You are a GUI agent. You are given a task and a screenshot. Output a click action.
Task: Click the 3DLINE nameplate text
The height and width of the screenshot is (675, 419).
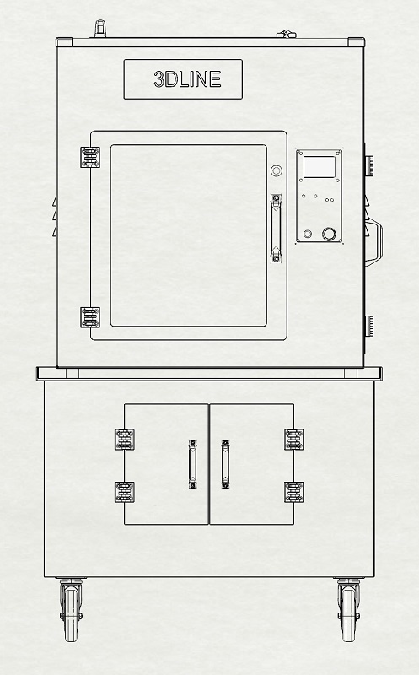tap(187, 79)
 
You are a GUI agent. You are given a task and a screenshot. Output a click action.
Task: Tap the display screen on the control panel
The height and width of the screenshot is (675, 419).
tap(320, 167)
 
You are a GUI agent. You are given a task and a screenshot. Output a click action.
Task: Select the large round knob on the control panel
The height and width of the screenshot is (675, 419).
tap(329, 235)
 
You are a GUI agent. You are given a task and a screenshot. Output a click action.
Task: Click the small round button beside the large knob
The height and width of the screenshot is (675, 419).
tap(308, 234)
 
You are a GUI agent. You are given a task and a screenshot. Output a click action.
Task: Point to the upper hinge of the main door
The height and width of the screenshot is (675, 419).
tap(90, 157)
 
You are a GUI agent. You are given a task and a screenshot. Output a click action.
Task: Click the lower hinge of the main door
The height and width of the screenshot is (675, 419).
tap(90, 317)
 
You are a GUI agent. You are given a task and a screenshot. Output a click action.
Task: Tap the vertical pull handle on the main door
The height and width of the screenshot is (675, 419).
tap(277, 228)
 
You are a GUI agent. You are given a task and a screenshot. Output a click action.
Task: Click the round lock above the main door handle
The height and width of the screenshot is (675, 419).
tap(277, 170)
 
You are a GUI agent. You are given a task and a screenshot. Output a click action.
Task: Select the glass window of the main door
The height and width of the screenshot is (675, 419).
tap(188, 235)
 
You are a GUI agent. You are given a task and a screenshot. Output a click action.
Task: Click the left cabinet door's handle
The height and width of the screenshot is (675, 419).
tap(193, 464)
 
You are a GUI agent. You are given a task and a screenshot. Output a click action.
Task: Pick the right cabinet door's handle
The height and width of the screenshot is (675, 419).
tap(225, 464)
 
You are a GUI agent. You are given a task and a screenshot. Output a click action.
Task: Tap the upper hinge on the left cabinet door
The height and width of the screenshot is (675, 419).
tap(124, 440)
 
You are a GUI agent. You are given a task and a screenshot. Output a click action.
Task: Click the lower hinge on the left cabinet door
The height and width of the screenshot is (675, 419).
tap(124, 492)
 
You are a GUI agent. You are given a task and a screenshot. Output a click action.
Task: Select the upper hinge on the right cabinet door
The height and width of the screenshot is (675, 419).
tap(294, 440)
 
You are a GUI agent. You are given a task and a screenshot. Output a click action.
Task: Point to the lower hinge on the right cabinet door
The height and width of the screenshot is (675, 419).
tap(294, 492)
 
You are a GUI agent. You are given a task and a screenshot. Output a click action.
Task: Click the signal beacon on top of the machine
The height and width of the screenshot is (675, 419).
tap(100, 29)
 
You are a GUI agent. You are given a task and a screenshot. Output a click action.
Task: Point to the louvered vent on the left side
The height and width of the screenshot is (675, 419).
tap(55, 216)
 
